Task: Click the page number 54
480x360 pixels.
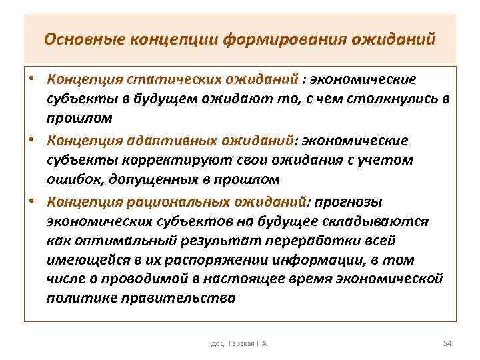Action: [x=447, y=343]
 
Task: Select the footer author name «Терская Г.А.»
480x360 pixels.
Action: [x=248, y=343]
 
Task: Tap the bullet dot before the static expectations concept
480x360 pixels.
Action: [x=31, y=80]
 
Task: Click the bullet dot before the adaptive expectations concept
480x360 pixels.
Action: [x=31, y=141]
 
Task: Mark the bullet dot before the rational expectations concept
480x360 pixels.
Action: [x=31, y=201]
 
